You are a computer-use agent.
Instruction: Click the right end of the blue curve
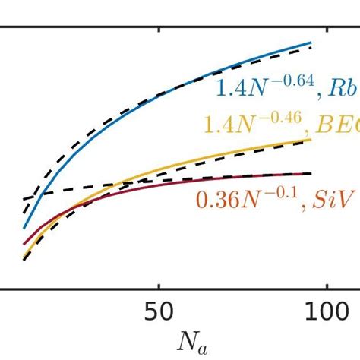311,43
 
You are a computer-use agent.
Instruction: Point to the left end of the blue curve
24,227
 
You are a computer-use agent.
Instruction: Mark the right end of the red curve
311,173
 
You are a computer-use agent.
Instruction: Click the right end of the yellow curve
311,139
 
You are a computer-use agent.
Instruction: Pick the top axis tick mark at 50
158,31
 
